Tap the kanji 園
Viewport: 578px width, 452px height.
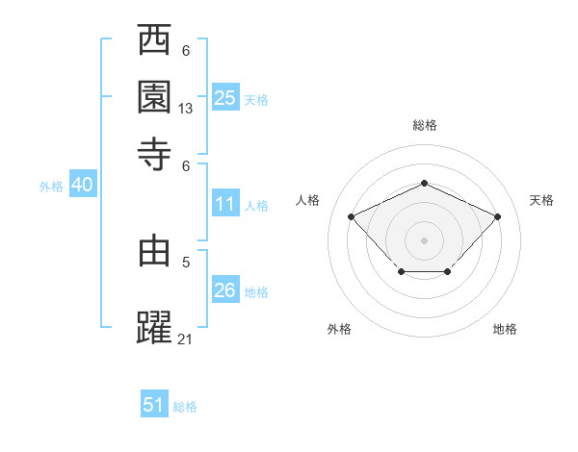click(155, 97)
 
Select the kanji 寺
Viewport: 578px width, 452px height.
click(155, 154)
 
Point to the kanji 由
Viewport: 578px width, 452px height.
click(155, 251)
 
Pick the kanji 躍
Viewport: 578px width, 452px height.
click(155, 327)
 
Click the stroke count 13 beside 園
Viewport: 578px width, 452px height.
click(186, 109)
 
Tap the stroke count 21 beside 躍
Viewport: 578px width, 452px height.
click(186, 339)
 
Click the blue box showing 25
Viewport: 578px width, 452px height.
click(224, 98)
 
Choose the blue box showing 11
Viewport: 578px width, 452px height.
click(224, 204)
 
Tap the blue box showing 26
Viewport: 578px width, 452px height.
click(224, 290)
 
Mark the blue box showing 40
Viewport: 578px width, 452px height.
click(82, 185)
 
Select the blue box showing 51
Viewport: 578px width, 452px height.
click(154, 405)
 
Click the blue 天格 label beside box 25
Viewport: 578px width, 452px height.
click(256, 99)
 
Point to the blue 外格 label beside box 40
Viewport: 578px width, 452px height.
click(51, 187)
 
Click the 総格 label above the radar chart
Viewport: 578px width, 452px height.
click(424, 125)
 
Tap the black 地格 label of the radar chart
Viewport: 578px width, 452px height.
click(505, 330)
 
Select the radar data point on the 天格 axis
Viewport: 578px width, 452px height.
click(497, 216)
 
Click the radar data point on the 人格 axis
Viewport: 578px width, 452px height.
click(352, 216)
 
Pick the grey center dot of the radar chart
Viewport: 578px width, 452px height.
click(424, 239)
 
